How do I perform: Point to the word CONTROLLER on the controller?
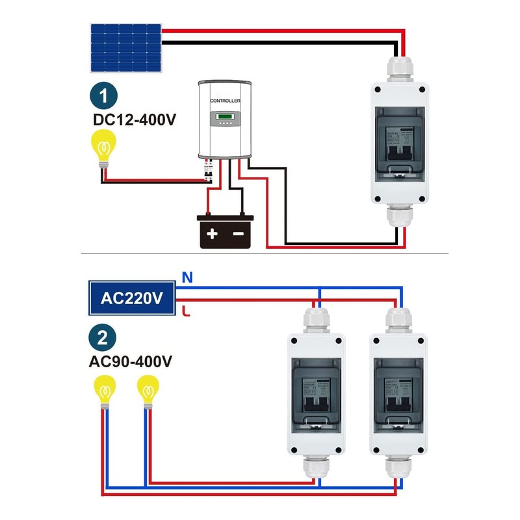(225, 101)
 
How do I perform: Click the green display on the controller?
(225, 118)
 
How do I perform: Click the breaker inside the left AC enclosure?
(315, 396)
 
